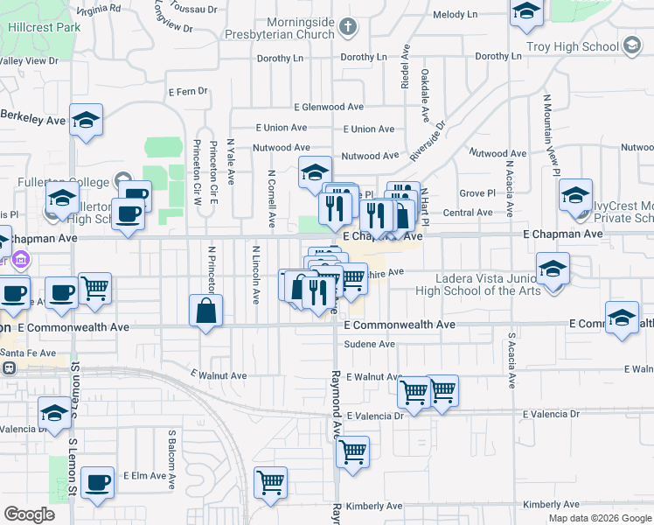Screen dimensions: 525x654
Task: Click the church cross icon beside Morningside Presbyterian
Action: tap(347, 26)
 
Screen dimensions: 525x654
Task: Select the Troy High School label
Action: tap(573, 45)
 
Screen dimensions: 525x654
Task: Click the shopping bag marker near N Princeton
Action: tap(205, 311)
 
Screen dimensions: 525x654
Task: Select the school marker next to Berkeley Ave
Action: tap(86, 120)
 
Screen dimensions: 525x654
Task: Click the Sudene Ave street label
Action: tap(369, 345)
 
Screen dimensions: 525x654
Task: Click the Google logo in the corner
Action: tap(29, 514)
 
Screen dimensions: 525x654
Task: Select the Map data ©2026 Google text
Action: tap(601, 518)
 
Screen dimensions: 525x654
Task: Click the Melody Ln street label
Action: tap(456, 15)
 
